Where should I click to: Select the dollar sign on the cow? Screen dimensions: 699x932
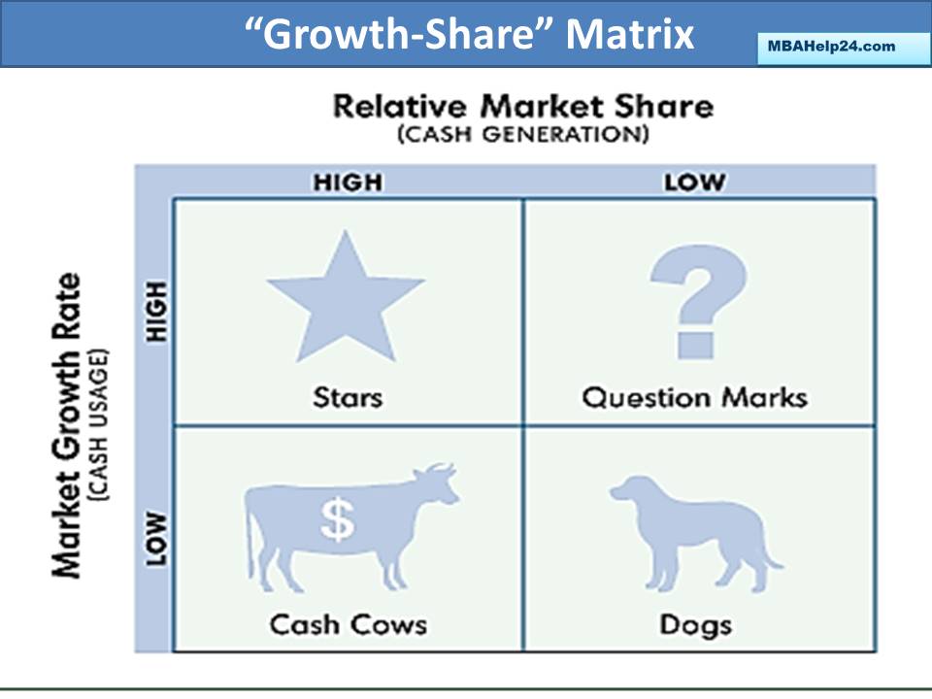tap(338, 521)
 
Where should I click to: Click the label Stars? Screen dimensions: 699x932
tap(348, 396)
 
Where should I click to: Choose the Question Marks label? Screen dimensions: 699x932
tap(694, 397)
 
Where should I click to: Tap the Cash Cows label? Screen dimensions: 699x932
tap(348, 623)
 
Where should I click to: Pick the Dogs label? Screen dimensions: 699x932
tap(695, 623)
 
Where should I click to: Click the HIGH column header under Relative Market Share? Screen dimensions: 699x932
tap(348, 182)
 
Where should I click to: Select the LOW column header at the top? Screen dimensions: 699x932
tap(695, 182)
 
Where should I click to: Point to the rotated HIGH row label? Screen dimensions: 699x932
tap(156, 311)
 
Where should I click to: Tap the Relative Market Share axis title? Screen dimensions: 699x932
tap(522, 106)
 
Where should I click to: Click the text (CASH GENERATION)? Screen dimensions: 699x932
tap(522, 134)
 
